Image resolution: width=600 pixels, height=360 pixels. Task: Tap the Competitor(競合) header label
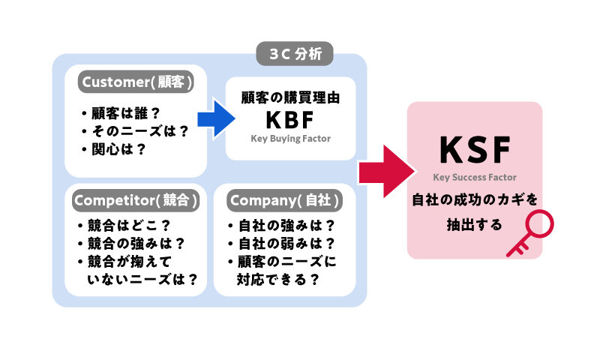point(136,200)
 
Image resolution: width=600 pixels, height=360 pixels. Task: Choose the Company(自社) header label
point(285,200)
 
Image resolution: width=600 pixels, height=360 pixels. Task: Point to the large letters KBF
point(290,120)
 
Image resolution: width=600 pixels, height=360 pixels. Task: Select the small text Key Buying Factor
point(290,139)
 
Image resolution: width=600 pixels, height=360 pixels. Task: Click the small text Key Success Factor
point(475,178)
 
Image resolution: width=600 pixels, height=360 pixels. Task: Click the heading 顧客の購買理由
point(290,97)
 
